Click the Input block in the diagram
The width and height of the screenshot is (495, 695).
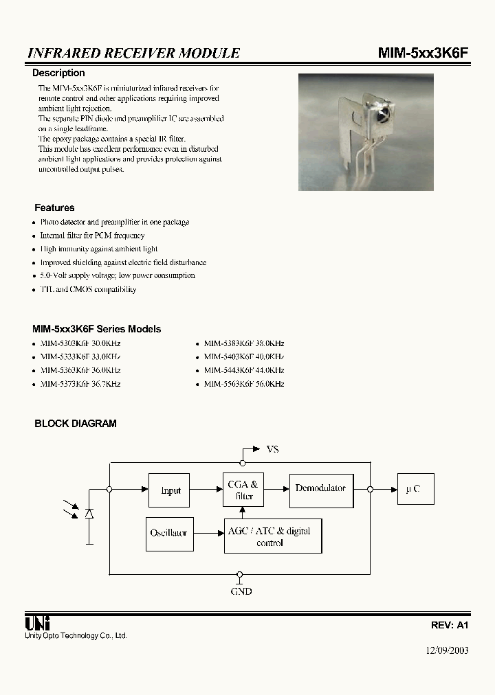click(170, 490)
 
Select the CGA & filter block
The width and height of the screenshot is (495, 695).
click(243, 490)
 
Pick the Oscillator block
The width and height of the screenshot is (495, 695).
click(168, 533)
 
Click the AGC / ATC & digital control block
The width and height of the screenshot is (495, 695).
click(273, 536)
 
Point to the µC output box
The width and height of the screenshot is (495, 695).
click(415, 489)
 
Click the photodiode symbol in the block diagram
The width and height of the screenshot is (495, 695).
click(89, 514)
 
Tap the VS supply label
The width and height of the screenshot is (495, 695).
click(272, 449)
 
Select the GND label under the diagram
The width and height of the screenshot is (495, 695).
click(241, 591)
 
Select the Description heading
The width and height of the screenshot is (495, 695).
click(59, 73)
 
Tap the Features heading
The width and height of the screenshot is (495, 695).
click(54, 207)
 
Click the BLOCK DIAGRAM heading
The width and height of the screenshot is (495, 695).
click(76, 424)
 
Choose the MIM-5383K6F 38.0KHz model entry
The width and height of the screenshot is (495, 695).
click(243, 343)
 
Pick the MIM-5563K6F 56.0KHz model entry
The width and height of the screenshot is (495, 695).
click(243, 385)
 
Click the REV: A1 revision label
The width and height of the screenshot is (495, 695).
click(449, 626)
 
